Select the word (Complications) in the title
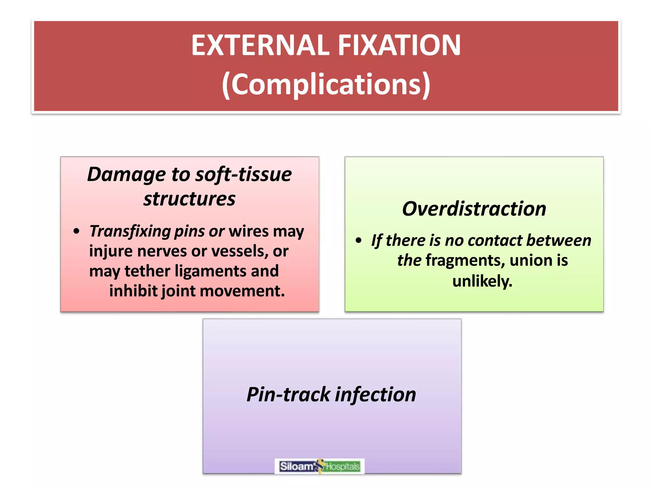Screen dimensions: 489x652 [x=326, y=84]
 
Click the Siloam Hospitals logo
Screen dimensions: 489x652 [x=319, y=466]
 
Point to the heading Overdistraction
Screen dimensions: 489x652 [x=474, y=209]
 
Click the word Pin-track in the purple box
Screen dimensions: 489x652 [x=288, y=394]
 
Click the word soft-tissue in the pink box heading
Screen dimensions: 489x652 [x=244, y=174]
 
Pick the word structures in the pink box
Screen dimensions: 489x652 [x=189, y=199]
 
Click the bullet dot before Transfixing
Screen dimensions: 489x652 [x=76, y=231]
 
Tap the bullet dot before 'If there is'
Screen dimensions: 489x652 [x=358, y=240]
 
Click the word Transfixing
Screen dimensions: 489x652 [x=130, y=231]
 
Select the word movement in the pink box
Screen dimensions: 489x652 [x=242, y=291]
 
